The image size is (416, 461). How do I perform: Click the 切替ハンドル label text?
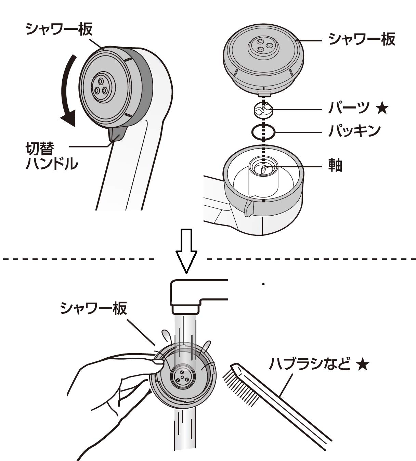(51, 157)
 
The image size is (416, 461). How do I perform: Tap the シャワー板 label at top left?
(59, 29)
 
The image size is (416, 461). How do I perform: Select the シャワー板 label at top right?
(362, 39)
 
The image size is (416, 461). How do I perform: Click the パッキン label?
(354, 131)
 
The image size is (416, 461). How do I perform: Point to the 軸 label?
(335, 166)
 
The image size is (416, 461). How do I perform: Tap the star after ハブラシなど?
(362, 365)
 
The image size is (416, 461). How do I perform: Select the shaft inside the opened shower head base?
(263, 168)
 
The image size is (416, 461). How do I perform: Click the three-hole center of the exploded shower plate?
(263, 45)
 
